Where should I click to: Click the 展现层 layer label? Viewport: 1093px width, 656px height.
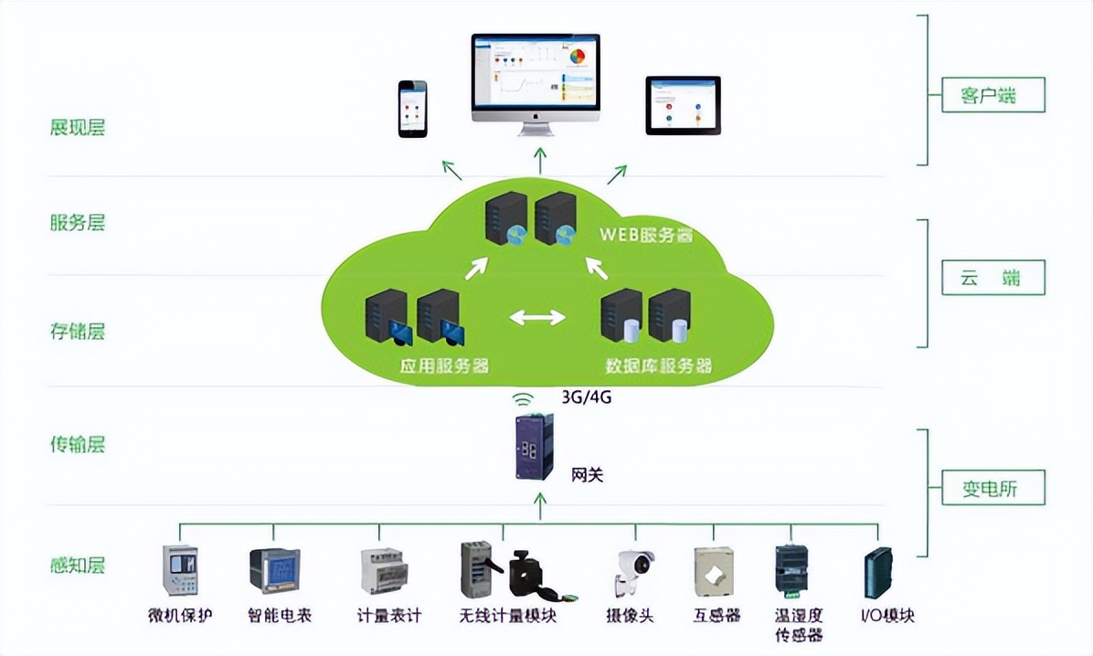(x=78, y=127)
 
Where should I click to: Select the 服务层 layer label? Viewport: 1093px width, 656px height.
(x=78, y=223)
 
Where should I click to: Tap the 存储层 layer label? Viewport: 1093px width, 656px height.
(x=78, y=331)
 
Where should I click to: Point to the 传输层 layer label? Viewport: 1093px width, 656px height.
(x=78, y=445)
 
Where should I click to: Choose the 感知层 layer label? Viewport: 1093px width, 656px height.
(x=78, y=565)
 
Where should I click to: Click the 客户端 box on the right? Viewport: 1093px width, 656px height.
(x=992, y=94)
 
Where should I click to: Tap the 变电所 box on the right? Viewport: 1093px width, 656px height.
(x=992, y=489)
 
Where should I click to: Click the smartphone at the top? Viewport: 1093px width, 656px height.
(x=413, y=109)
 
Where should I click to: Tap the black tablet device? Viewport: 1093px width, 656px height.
(x=683, y=106)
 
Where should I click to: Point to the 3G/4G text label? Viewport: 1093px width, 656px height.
(x=586, y=398)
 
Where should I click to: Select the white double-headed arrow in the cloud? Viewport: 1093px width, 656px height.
(x=537, y=318)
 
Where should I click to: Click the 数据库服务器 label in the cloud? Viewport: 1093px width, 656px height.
(x=658, y=366)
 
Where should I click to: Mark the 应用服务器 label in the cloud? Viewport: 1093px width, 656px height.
(x=444, y=366)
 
